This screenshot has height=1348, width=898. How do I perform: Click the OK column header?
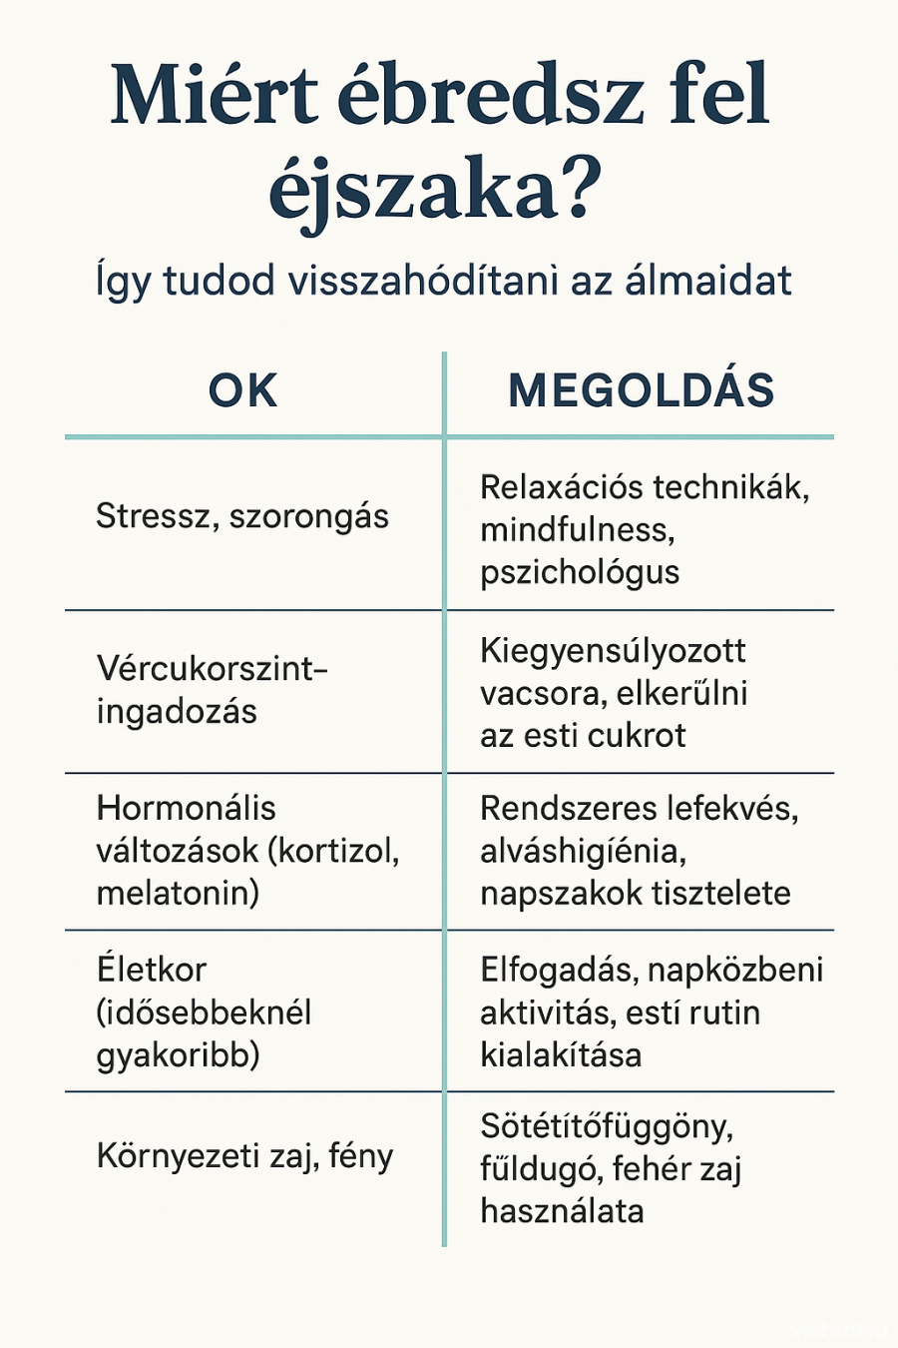pyautogui.click(x=242, y=390)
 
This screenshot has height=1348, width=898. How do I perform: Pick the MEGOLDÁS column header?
pyautogui.click(x=641, y=390)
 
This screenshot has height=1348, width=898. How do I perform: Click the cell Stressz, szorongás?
pyautogui.click(x=242, y=516)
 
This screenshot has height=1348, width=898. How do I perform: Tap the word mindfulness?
pyautogui.click(x=577, y=529)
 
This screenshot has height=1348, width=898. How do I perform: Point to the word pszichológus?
pyautogui.click(x=580, y=572)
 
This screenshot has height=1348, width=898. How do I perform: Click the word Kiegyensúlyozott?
pyautogui.click(x=613, y=651)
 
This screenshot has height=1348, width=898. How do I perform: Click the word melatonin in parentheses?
pyautogui.click(x=176, y=893)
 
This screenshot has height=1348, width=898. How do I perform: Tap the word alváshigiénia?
pyautogui.click(x=582, y=851)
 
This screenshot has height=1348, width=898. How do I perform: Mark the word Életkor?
pyautogui.click(x=152, y=969)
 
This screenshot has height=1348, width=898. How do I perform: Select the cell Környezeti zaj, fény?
pyautogui.click(x=245, y=1156)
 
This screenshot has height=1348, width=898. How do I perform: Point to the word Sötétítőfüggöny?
pyautogui.click(x=607, y=1126)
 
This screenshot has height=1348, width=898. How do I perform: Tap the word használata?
pyautogui.click(x=562, y=1211)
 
